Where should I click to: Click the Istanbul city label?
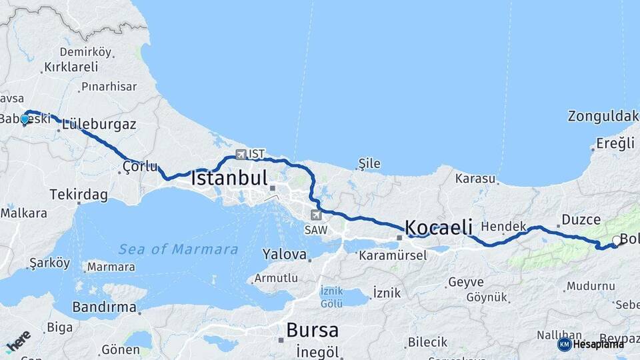229,178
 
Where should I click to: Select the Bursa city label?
312,330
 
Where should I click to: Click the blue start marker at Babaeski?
25,119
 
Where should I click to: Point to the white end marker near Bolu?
617,241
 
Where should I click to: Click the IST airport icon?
240,154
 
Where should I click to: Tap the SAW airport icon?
316,215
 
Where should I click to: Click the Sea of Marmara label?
178,249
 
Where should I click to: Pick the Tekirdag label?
78,195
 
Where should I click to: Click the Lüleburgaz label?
99,124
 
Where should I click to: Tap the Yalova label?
284,254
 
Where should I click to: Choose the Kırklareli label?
70,67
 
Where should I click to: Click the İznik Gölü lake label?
332,297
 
